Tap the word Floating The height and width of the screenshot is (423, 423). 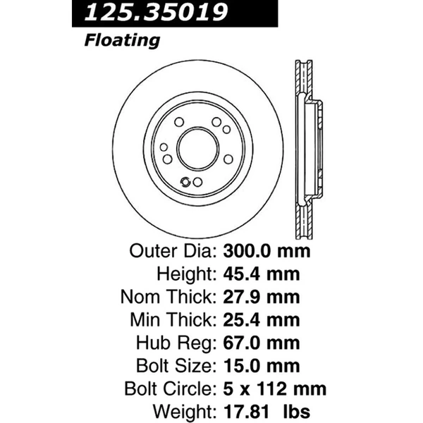121,41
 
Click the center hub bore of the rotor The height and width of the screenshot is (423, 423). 197,149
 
